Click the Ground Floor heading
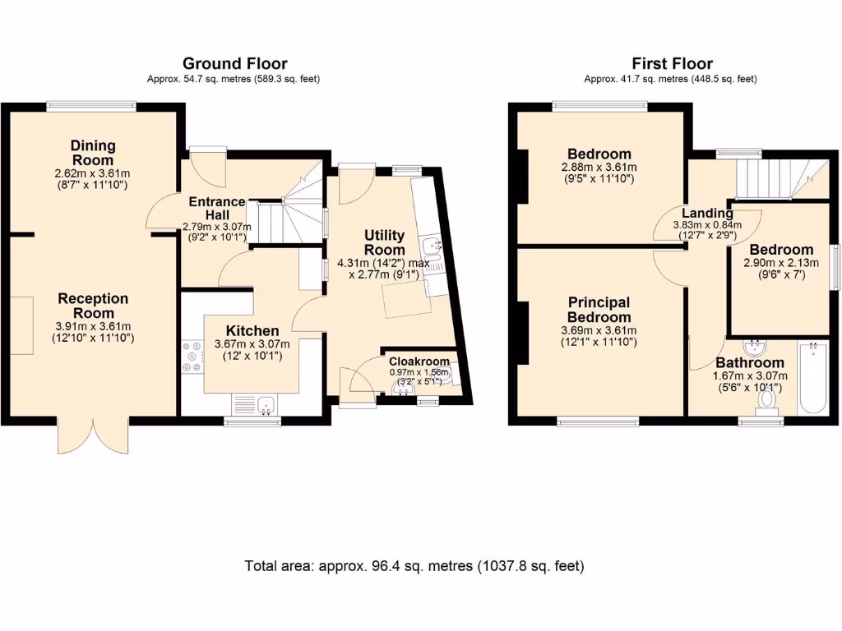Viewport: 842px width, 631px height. click(234, 63)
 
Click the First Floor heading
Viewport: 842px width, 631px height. click(671, 63)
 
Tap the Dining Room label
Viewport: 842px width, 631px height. click(93, 153)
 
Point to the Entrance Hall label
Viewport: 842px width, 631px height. click(217, 208)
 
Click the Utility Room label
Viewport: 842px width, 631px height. click(385, 242)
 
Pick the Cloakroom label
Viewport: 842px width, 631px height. click(419, 362)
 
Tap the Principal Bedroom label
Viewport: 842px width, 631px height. click(599, 310)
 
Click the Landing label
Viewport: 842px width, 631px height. click(708, 214)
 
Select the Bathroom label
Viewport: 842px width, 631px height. click(749, 362)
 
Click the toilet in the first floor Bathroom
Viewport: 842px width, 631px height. click(768, 399)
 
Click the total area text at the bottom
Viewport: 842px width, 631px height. click(414, 566)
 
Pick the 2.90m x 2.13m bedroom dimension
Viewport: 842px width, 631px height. click(781, 264)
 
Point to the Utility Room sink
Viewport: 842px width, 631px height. click(433, 246)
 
